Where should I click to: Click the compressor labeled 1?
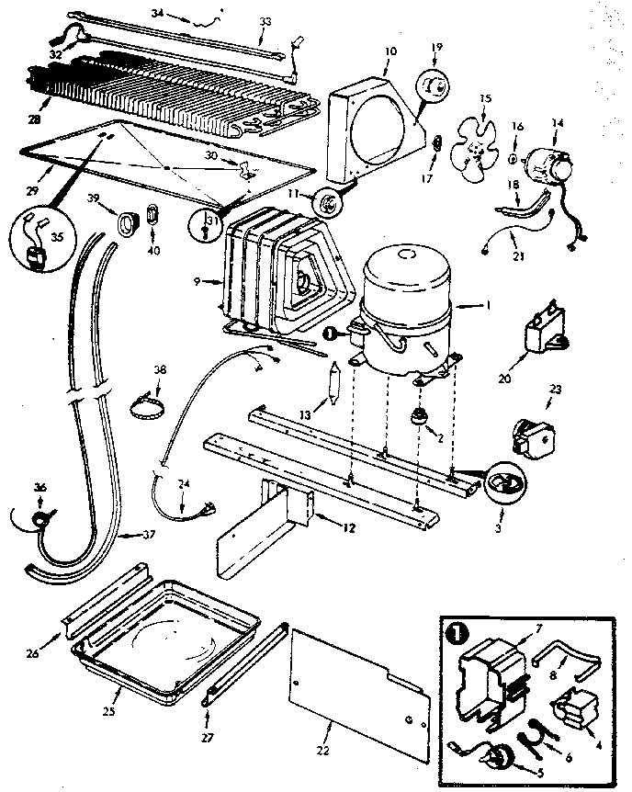(410, 303)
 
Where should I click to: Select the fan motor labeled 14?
(548, 166)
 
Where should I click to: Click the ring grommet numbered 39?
(120, 221)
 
